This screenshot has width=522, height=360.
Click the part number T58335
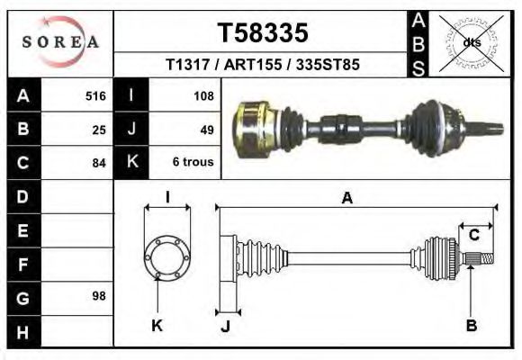pyautogui.click(x=263, y=32)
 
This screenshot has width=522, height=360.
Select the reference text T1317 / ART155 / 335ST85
pyautogui.click(x=263, y=65)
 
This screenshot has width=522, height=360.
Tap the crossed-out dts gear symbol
pyautogui.click(x=471, y=42)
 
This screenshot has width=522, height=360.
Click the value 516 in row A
pyautogui.click(x=95, y=96)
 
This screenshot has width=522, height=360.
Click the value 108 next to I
pyautogui.click(x=202, y=96)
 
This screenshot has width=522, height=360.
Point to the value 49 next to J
pyautogui.click(x=206, y=130)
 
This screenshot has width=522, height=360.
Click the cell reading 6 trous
pyautogui.click(x=192, y=163)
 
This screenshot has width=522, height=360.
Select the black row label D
pyautogui.click(x=22, y=196)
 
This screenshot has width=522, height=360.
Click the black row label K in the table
pyautogui.click(x=131, y=163)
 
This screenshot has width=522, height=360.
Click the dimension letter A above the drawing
pyautogui.click(x=346, y=199)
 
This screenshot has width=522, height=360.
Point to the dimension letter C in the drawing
pyautogui.click(x=473, y=236)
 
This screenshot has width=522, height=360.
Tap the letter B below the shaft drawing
pyautogui.click(x=471, y=326)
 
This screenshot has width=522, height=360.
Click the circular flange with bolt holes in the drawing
pyautogui.click(x=167, y=257)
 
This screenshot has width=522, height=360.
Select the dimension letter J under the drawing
pyautogui.click(x=225, y=326)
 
